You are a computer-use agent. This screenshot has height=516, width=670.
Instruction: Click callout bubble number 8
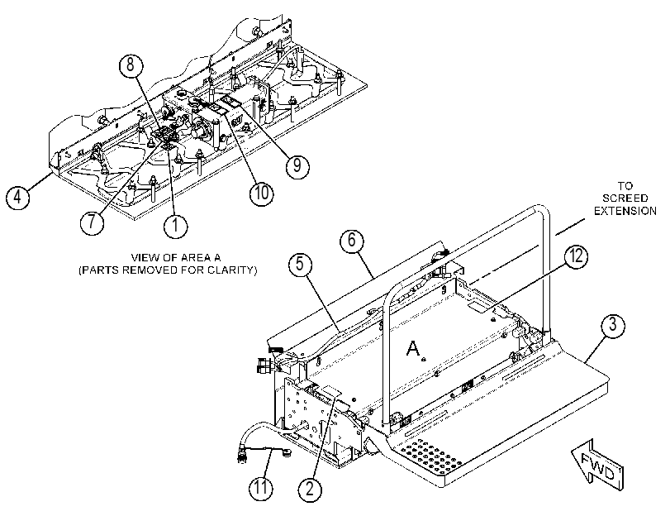pos(131,65)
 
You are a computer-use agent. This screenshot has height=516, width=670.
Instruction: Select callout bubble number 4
pos(17,198)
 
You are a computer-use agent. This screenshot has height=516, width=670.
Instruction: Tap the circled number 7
pos(93,222)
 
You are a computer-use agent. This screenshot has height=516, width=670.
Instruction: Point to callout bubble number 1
pos(176,225)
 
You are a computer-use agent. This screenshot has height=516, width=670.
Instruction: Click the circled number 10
pos(262,193)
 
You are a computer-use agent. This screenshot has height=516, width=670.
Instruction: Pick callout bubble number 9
pos(297,165)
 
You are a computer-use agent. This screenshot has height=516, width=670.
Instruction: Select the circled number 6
pos(352,241)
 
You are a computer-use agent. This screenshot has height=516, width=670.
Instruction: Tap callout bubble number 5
pos(301,264)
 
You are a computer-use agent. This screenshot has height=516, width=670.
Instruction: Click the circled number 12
pos(576,256)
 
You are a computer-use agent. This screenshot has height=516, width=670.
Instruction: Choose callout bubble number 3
pos(613,326)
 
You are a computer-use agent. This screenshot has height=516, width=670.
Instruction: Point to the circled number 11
pos(261,487)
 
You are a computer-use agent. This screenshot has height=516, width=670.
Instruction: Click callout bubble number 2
pos(311,489)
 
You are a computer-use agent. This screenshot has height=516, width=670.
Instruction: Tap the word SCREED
pos(625,198)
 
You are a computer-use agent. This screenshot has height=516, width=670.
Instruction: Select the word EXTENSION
pos(625,211)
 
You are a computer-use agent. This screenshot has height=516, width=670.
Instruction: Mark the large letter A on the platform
pos(413,348)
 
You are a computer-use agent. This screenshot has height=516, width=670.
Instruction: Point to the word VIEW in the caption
pos(143,257)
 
